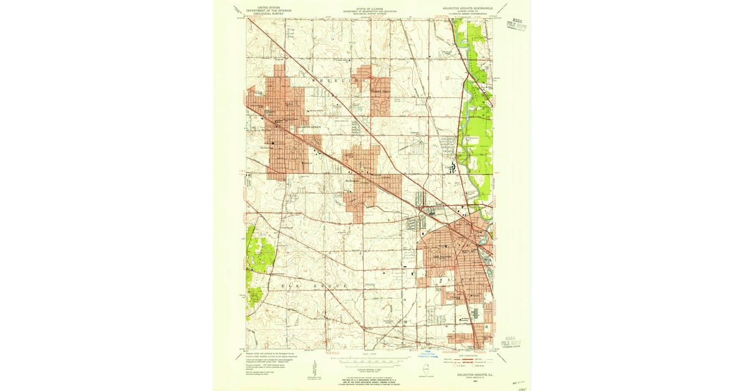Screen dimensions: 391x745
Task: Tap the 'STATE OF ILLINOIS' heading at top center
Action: point(372,8)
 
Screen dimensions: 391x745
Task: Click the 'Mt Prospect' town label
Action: point(352,182)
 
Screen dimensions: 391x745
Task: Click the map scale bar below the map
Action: point(372,359)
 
